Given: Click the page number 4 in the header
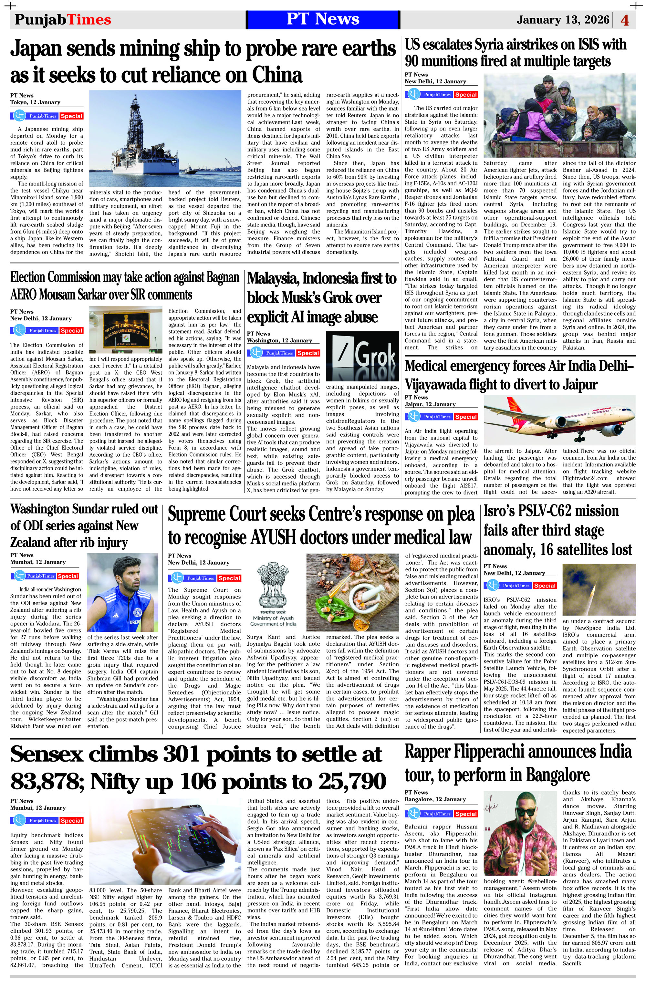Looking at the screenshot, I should [x=625, y=20].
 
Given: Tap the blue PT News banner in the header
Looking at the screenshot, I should [x=323, y=19].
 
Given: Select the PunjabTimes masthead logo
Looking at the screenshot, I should [x=63, y=19].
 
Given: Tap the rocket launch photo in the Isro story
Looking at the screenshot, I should [x=599, y=589].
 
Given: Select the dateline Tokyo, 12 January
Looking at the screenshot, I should [x=35, y=102].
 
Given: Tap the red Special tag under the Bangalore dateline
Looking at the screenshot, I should [x=465, y=814].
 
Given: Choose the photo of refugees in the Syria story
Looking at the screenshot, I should [x=559, y=115].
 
